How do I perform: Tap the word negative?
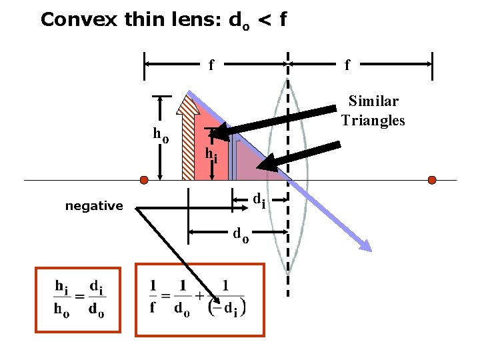pos(94,206)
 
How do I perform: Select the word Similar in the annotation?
pos(374,101)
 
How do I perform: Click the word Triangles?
pos(373,120)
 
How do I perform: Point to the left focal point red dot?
pos(143,180)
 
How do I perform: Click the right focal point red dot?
pos(432,180)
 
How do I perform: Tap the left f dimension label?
pos(211,65)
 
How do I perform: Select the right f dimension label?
pos(347,65)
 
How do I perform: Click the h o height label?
pos(161,134)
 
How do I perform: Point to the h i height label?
pos(211,155)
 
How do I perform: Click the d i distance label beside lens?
pos(259,199)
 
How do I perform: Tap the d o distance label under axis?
pos(241,234)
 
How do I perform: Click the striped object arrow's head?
pos(189,103)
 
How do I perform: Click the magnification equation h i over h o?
pos(78,299)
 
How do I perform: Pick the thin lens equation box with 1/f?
pos(199,299)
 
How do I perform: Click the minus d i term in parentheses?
pos(227,308)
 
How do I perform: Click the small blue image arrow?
pos(233,157)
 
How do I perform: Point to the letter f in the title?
pos(283,19)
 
